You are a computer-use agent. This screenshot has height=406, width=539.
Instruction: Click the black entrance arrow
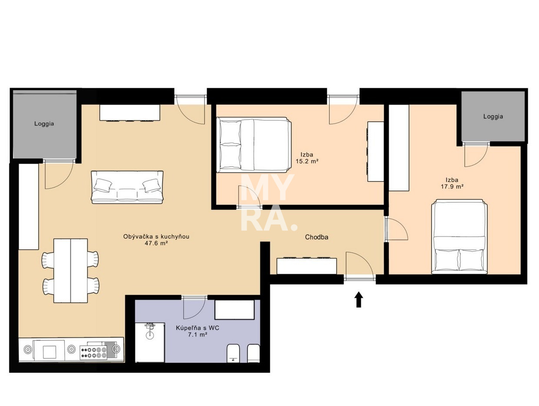(359, 299)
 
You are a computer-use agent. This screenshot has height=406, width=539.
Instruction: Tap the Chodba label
(317, 237)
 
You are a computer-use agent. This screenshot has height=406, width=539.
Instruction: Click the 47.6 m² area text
(156, 243)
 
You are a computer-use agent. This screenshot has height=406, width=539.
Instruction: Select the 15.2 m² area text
(307, 161)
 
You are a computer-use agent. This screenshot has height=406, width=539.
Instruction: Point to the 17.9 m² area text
(452, 186)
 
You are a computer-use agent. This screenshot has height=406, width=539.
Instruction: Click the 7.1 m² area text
(198, 335)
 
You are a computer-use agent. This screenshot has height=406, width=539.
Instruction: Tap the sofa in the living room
(127, 187)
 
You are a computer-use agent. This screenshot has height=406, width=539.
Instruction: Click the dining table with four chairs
(70, 270)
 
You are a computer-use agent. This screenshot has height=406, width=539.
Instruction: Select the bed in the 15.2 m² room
(254, 145)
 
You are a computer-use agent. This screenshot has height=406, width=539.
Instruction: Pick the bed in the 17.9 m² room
(459, 237)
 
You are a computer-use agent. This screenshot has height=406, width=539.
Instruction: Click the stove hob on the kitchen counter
(93, 352)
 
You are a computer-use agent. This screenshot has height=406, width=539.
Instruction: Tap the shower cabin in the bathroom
(150, 342)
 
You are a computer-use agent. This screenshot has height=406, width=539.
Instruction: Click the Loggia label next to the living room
(44, 124)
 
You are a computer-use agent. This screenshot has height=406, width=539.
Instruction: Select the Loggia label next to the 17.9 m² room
(493, 117)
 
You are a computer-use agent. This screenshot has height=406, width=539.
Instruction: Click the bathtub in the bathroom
(234, 309)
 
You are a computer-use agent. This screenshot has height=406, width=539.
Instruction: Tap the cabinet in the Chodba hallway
(306, 265)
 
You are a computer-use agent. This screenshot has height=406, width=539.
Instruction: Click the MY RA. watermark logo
(268, 202)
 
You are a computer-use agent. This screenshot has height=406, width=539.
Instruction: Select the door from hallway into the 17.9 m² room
(396, 229)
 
